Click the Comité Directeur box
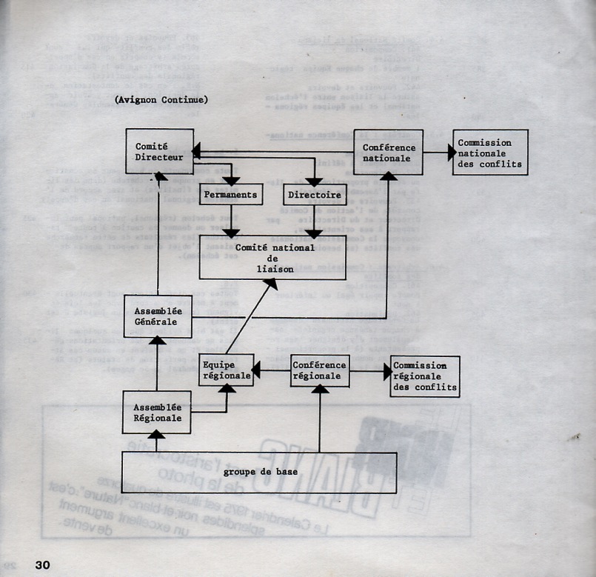159,152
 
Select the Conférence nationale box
388,152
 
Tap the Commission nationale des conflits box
490,153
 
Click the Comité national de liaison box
272,257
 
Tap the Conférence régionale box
319,370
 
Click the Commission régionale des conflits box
424,376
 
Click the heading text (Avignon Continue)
161,99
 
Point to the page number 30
41,564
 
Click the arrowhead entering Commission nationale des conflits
449,153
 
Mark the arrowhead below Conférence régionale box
319,390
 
